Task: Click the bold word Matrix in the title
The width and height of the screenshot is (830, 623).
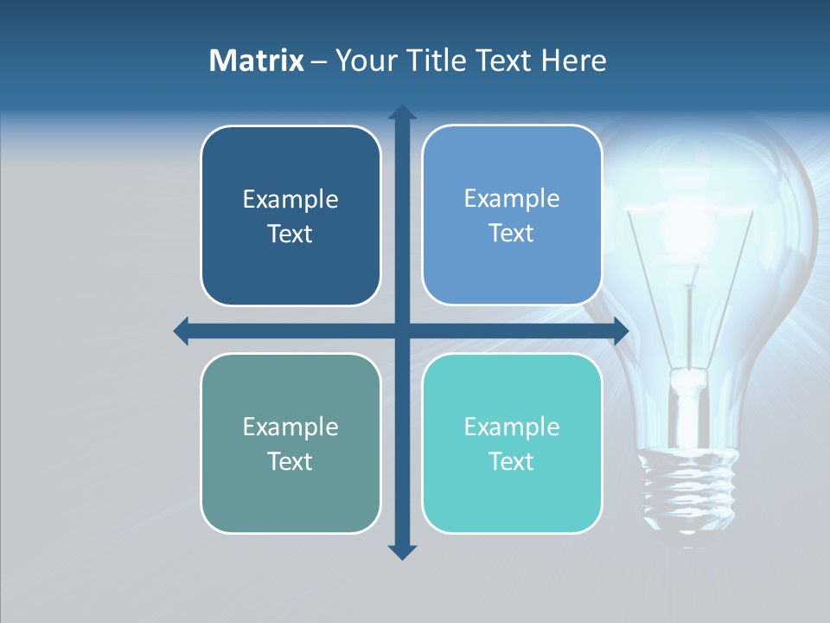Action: (x=257, y=61)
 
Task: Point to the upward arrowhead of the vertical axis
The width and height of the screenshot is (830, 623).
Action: (x=402, y=112)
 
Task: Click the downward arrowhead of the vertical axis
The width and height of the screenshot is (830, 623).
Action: (x=402, y=551)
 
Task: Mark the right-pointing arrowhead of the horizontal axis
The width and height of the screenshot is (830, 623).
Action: (x=621, y=331)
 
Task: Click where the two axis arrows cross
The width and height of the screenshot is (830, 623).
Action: (x=402, y=331)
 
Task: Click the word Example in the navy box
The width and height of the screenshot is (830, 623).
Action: (x=290, y=200)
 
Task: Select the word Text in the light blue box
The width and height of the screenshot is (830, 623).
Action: (x=512, y=234)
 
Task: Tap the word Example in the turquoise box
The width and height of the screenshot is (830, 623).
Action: (x=512, y=427)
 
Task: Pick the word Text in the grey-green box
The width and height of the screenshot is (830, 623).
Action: (x=290, y=461)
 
